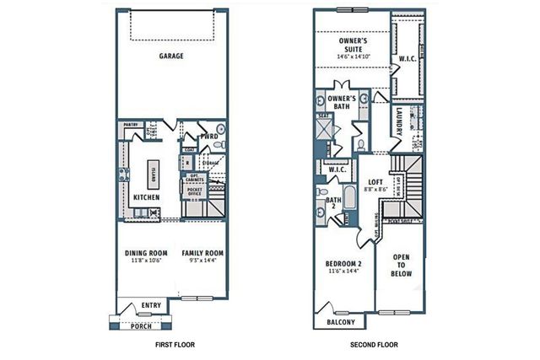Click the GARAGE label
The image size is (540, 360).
(x=171, y=56)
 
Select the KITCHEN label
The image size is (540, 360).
(x=147, y=198)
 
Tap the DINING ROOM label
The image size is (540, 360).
(x=146, y=253)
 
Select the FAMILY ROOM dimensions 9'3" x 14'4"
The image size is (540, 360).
(x=202, y=261)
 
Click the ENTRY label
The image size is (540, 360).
(x=152, y=305)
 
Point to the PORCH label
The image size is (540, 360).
(x=140, y=325)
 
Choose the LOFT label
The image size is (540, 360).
(x=376, y=182)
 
